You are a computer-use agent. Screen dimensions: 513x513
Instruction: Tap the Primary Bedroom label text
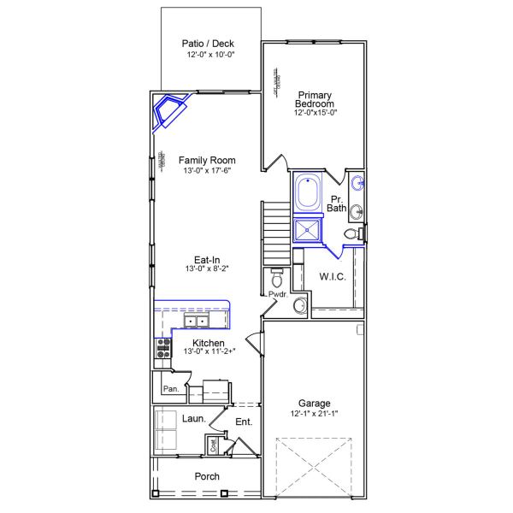(314, 98)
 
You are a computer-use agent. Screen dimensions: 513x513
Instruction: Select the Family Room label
(207, 160)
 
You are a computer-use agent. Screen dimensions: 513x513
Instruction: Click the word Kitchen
(208, 342)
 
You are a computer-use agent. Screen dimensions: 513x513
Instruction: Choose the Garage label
(314, 403)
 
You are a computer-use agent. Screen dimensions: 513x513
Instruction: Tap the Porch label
(207, 476)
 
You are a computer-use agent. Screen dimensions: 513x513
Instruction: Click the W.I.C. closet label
(332, 276)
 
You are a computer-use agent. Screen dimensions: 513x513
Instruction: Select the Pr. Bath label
(336, 203)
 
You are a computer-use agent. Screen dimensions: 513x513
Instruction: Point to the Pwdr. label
(277, 294)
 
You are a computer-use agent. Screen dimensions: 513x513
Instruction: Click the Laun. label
(194, 419)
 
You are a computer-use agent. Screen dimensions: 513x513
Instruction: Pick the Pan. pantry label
(169, 388)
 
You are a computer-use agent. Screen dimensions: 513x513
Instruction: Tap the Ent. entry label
(244, 421)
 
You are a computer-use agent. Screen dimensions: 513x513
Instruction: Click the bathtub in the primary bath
(307, 194)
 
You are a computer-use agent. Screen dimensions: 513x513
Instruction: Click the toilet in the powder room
(276, 278)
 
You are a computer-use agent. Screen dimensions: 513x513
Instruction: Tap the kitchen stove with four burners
(162, 347)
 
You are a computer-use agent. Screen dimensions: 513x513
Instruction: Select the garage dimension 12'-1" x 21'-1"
(314, 415)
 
